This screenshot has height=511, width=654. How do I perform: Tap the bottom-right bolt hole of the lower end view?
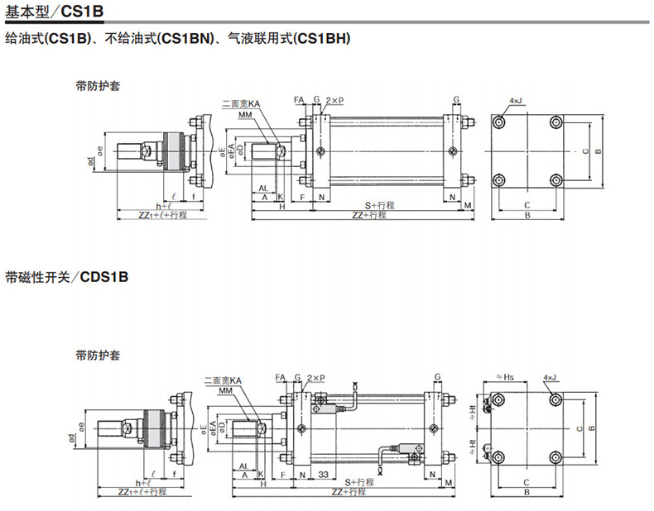click(x=554, y=456)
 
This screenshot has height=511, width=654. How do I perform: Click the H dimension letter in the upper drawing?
click(x=281, y=207)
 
